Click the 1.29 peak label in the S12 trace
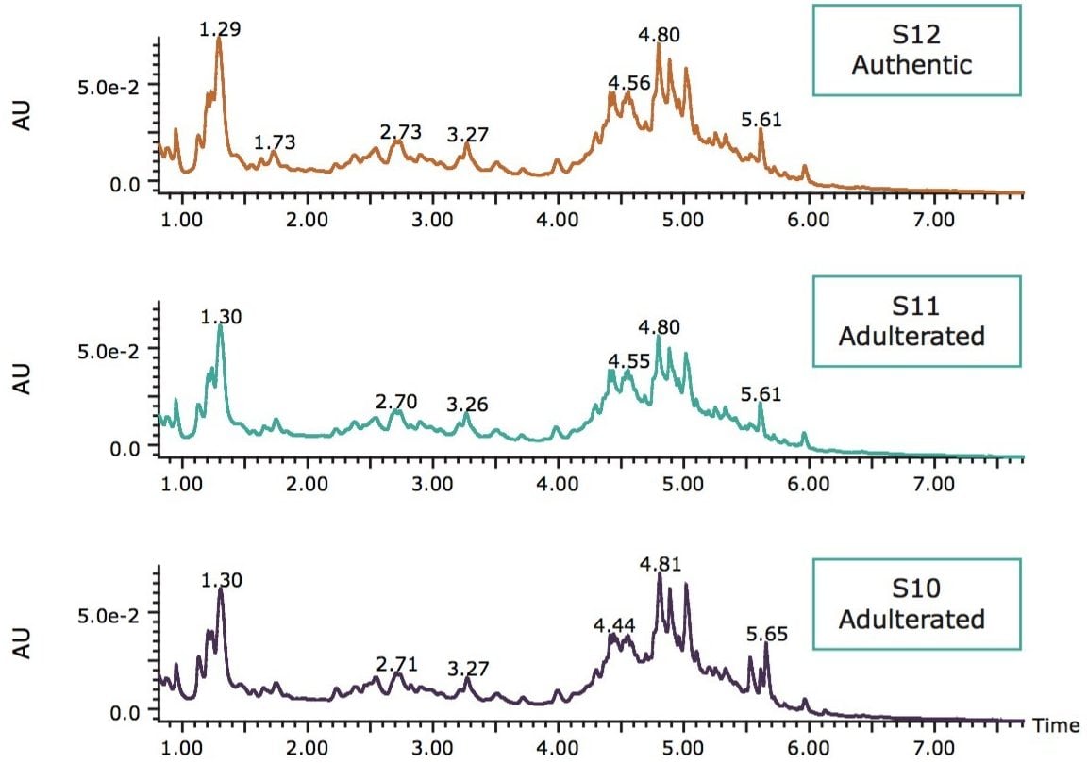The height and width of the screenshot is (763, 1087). point(220,30)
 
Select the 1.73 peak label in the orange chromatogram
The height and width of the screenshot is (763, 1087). point(276,143)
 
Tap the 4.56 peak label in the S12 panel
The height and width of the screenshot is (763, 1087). point(629,83)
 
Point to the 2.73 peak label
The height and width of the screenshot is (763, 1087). point(401,132)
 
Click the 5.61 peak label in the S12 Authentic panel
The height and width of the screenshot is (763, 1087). point(761,120)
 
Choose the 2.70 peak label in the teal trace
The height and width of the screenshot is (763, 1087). point(396,403)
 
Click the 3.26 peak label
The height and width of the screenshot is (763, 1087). point(468,406)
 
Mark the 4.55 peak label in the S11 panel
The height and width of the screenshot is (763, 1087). point(628,361)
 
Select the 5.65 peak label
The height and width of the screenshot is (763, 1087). point(766,634)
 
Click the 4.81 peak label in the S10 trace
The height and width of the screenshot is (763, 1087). point(660,565)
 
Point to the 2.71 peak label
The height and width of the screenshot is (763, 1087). point(396,664)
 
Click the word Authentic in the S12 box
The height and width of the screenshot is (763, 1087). point(911,65)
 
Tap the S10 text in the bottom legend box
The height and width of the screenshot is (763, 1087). point(911,591)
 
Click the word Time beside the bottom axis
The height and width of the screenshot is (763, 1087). point(1055,726)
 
